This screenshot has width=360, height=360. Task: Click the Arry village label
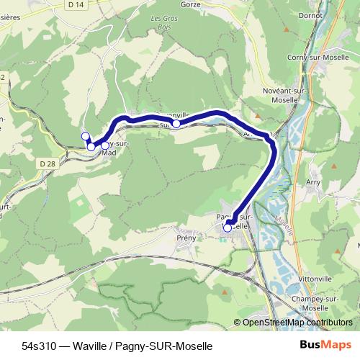(312, 183)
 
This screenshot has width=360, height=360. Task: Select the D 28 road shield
(48, 164)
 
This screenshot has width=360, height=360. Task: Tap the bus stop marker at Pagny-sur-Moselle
(228, 228)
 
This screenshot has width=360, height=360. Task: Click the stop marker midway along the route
(176, 124)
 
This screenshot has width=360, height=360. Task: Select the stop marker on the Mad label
(105, 145)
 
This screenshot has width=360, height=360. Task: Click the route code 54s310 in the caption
(37, 346)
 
